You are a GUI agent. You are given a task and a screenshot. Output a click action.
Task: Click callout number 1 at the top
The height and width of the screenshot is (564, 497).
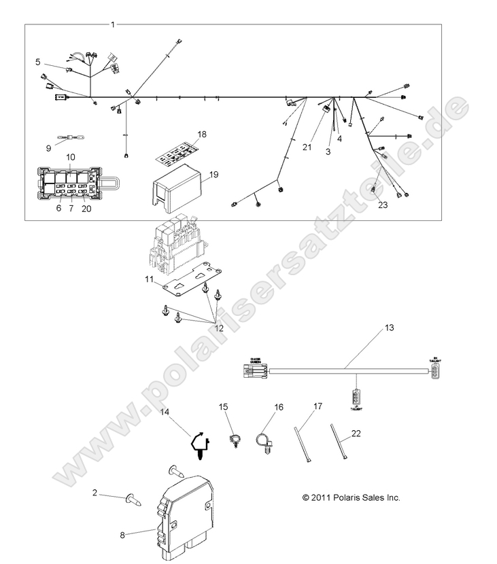pos(113,24)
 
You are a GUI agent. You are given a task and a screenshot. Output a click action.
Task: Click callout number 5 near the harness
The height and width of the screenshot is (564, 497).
pos(38,62)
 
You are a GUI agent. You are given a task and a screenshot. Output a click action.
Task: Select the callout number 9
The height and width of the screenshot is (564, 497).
pos(48,147)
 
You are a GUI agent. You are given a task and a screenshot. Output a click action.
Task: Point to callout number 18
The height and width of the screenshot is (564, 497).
pos(201,133)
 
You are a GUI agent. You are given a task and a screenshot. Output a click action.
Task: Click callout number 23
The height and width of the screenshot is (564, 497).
pos(382,204)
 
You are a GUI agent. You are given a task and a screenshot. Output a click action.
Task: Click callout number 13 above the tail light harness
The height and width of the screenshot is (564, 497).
pos(389,328)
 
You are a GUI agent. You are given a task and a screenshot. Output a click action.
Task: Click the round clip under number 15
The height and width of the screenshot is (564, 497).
pos(235,440)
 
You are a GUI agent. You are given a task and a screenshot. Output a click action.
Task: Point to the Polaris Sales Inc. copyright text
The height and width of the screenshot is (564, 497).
pos(351,497)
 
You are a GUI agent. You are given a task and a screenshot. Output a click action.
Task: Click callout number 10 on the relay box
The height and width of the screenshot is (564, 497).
pos(71,157)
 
